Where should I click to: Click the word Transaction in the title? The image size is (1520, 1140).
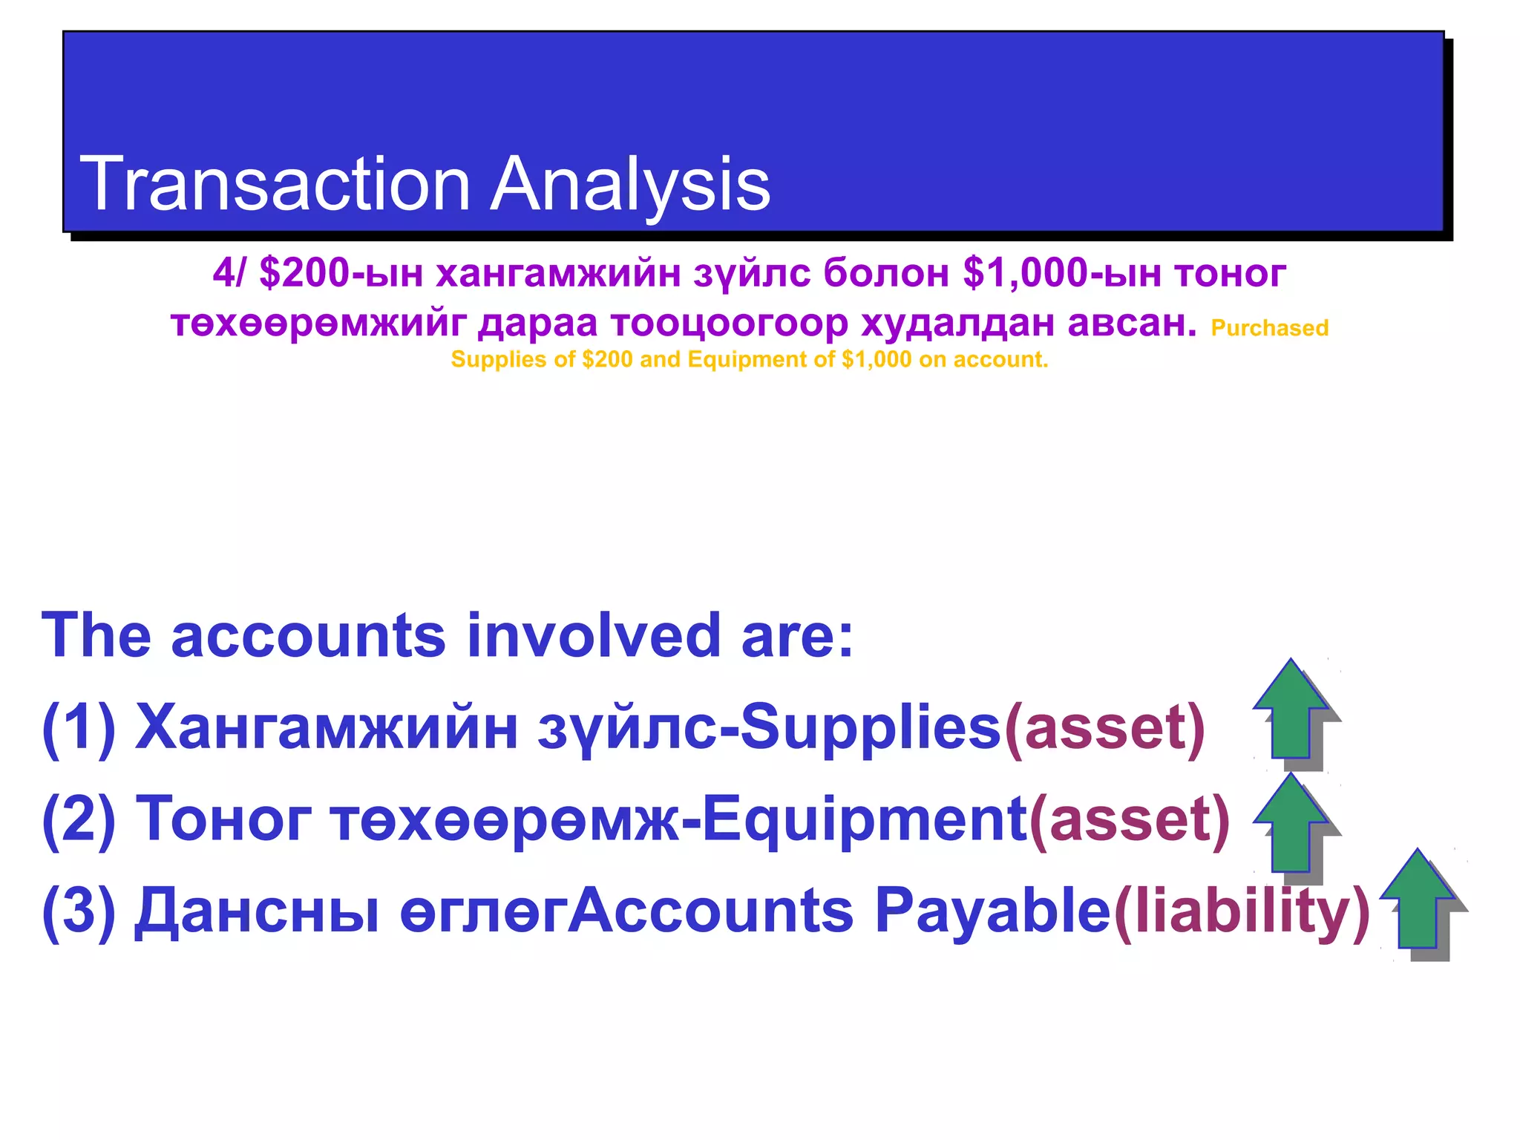275,183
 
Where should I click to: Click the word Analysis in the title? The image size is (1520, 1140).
630,183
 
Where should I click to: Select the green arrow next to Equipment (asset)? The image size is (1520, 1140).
1291,824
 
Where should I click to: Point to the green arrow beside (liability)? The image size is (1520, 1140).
1418,901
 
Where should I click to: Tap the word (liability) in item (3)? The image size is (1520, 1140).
1242,912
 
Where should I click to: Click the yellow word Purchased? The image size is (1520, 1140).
1269,328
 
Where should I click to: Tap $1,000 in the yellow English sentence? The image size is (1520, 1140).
876,360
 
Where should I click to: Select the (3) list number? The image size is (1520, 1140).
79,912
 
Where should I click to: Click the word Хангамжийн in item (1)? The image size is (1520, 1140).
327,728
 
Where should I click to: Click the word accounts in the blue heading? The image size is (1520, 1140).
308,636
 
